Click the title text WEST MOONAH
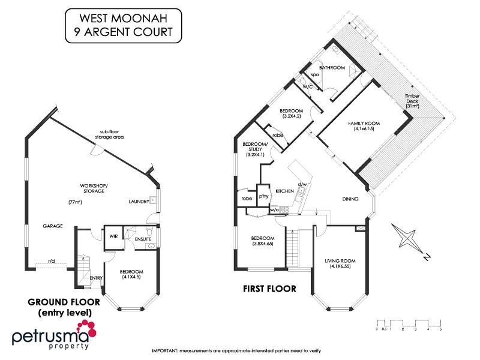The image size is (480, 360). [124, 18]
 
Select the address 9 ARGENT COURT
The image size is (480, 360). [124, 32]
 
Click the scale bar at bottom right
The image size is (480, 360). [409, 324]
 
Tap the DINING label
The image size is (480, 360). [350, 199]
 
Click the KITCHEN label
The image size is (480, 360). [284, 191]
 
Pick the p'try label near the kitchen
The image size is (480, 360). [263, 196]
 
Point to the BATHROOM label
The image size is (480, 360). [332, 68]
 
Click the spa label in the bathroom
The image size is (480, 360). [314, 75]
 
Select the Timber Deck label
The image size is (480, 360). [412, 100]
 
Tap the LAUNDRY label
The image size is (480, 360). [138, 202]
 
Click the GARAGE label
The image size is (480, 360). [53, 226]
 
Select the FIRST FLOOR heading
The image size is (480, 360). [269, 289]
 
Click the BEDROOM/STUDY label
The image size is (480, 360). [255, 148]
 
